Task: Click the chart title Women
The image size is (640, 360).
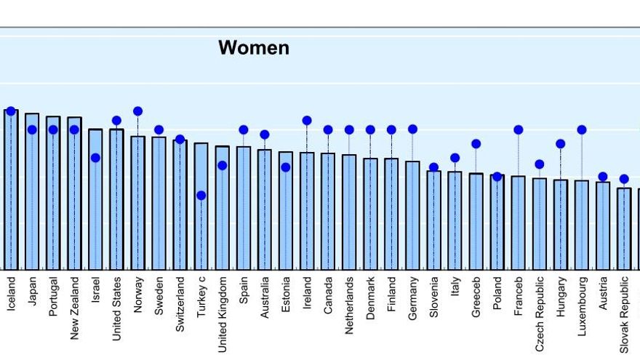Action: [x=254, y=48]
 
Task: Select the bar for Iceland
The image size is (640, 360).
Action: [x=11, y=189]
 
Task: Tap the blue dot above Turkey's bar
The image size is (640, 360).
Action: [x=201, y=196]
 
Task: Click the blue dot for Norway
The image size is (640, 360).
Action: [x=137, y=111]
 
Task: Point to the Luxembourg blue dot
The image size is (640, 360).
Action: [x=582, y=129]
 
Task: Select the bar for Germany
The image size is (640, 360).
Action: [x=412, y=215]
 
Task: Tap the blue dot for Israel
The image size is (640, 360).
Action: [x=95, y=158]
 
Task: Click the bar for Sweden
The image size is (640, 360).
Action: [x=159, y=203]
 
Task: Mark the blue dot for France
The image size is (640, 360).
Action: [x=519, y=129]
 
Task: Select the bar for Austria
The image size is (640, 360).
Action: [x=603, y=225]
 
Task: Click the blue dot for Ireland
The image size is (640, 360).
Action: [x=307, y=121]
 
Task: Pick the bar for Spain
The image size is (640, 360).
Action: [x=244, y=208]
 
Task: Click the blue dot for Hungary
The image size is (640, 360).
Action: [x=561, y=143]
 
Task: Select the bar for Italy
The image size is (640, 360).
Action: [x=455, y=220]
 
